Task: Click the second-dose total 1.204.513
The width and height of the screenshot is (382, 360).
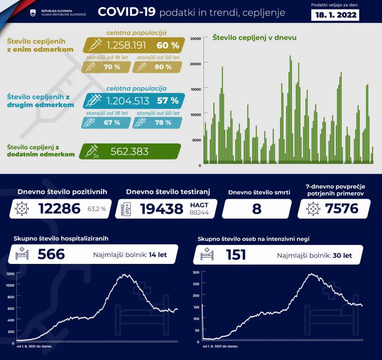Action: tap(128, 101)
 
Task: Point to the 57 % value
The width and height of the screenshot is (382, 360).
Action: tap(168, 101)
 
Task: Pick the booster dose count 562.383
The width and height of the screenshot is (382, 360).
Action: tap(129, 152)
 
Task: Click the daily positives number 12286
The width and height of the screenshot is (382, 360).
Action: tap(59, 209)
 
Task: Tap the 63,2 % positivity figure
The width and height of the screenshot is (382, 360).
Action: tap(97, 209)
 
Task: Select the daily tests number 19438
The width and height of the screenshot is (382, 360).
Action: tap(162, 209)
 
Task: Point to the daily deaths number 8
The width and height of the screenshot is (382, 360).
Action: tap(257, 209)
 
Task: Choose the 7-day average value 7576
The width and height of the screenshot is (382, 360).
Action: tap(342, 208)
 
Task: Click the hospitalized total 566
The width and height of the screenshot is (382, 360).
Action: tap(51, 254)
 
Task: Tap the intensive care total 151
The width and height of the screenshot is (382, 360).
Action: tap(236, 254)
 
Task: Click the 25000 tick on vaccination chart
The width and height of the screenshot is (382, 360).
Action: tap(196, 38)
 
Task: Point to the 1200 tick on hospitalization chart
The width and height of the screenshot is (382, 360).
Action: tap(10, 274)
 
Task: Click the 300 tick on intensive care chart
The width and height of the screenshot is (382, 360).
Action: tap(195, 272)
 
